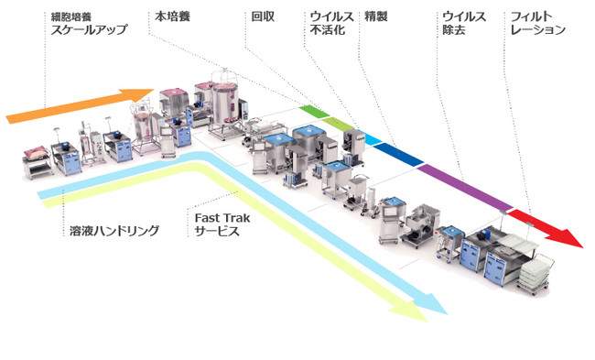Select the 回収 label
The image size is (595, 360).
(262, 16)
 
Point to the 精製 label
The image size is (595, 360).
(375, 16)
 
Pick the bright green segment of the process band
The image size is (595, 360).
(310, 110)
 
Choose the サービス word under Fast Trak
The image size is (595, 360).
(216, 233)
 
